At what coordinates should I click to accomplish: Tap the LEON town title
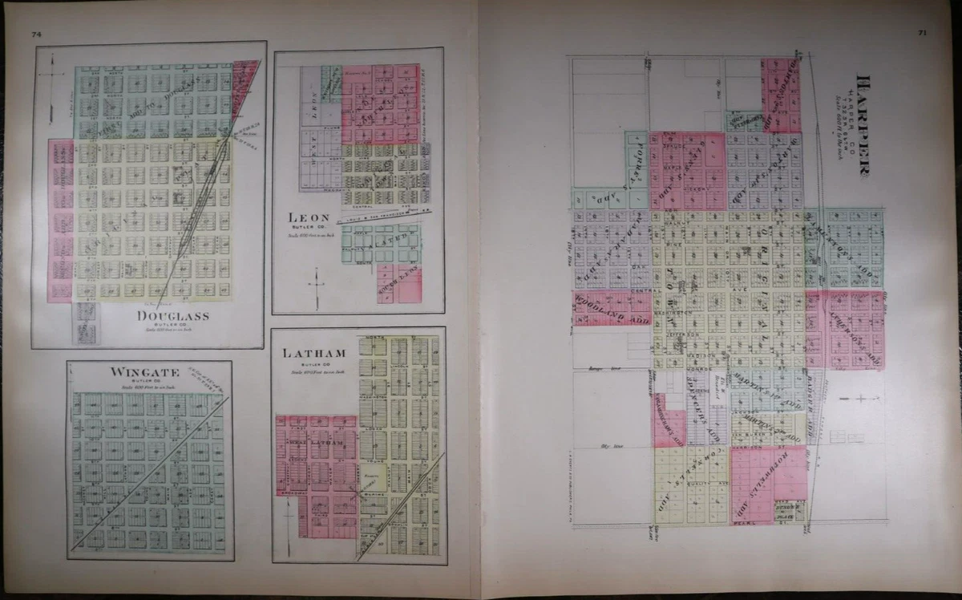309,217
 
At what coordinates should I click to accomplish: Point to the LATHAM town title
313,353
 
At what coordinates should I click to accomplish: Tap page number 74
36,34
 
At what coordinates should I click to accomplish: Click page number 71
923,33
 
